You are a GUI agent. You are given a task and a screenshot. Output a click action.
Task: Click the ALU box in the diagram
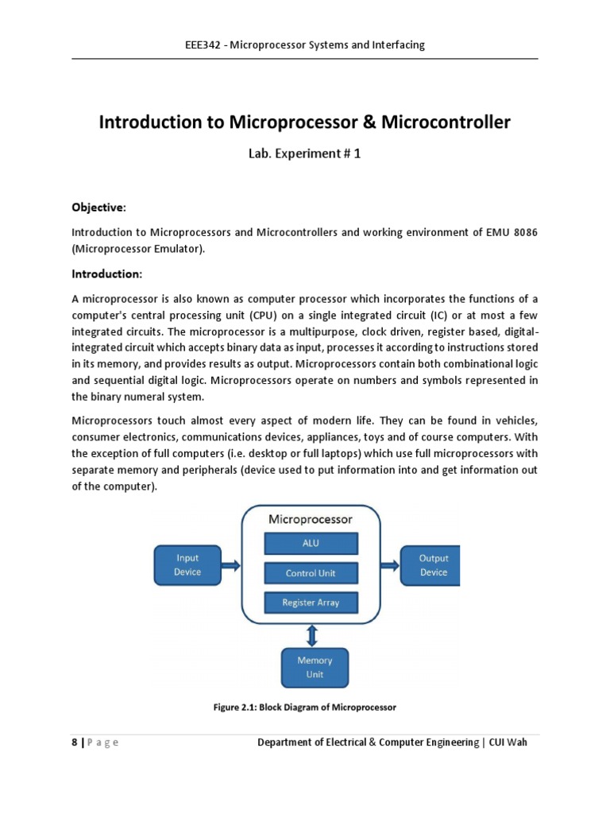(311, 543)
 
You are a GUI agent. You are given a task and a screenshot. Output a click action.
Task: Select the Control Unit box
(311, 572)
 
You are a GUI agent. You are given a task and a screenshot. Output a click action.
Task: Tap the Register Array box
(311, 603)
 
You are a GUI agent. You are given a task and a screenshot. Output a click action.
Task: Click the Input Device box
(187, 565)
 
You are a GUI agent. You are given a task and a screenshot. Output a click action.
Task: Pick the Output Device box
(433, 565)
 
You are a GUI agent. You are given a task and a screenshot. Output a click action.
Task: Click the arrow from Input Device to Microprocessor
(230, 565)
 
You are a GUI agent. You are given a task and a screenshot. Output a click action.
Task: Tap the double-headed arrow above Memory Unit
(311, 635)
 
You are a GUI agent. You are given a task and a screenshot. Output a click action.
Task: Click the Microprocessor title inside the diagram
(311, 519)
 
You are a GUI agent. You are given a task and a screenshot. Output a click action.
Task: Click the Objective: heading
(99, 207)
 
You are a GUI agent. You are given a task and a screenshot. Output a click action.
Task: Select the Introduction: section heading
(107, 274)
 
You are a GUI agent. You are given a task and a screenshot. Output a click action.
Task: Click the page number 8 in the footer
(75, 742)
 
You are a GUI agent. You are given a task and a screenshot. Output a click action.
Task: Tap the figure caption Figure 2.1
(306, 707)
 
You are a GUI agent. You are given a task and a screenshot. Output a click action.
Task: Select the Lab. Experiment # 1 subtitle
(305, 154)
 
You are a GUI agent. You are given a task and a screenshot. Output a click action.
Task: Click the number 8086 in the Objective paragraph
(523, 232)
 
